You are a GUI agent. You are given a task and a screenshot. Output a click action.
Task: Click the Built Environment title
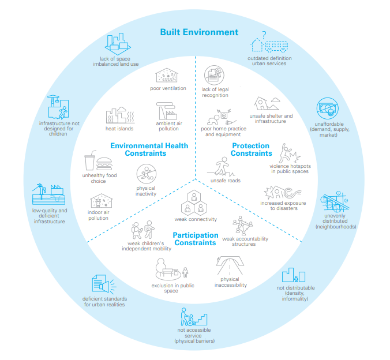[198, 32]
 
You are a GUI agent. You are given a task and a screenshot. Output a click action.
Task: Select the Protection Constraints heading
[251, 150]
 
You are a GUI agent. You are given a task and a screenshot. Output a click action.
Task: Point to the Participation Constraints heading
[195, 239]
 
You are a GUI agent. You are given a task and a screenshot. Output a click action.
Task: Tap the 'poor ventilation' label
[168, 88]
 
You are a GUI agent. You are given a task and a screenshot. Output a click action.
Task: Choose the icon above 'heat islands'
[119, 115]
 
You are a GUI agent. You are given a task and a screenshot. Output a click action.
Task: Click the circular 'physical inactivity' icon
[146, 174]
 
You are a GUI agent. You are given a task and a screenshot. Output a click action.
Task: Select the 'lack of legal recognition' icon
[214, 75]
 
